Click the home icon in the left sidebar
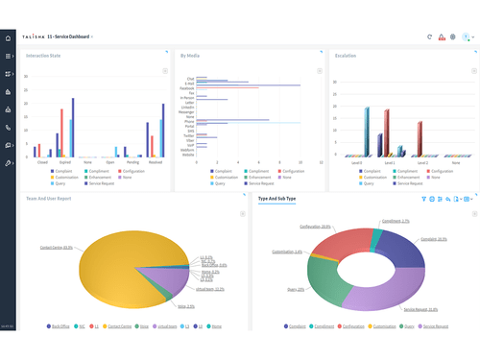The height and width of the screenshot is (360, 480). (x=9, y=38)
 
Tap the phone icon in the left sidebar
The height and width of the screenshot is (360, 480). (x=9, y=127)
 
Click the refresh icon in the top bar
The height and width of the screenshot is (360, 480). (x=429, y=37)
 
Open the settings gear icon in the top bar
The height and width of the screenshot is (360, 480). (x=453, y=37)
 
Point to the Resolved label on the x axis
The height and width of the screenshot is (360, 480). (x=156, y=162)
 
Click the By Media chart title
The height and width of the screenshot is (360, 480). (x=190, y=56)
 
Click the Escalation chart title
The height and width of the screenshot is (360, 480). (x=346, y=56)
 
